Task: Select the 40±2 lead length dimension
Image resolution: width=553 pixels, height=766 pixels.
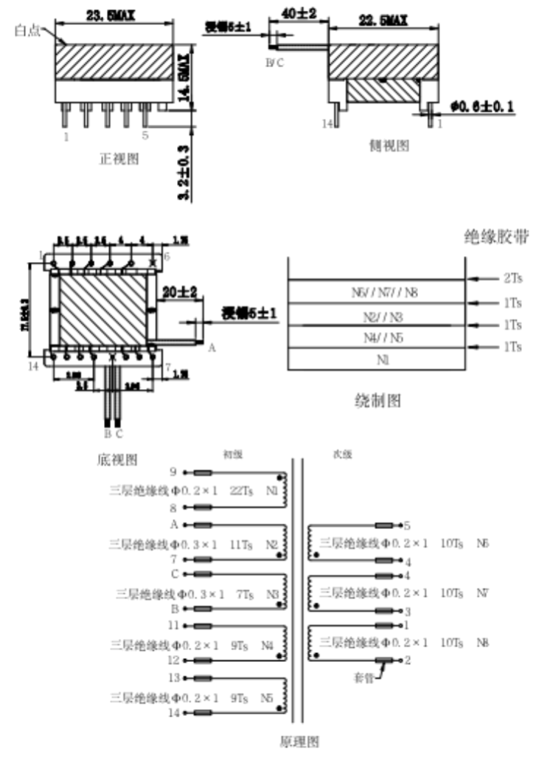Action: click(x=300, y=13)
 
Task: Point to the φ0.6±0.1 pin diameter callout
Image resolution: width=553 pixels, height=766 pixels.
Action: click(x=481, y=107)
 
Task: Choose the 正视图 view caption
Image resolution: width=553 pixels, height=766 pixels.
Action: click(x=119, y=158)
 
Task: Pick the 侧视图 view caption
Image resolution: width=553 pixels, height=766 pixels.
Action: click(x=389, y=145)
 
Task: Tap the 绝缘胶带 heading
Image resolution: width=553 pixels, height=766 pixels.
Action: click(x=496, y=236)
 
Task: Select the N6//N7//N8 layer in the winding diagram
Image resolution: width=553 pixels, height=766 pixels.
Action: click(x=375, y=293)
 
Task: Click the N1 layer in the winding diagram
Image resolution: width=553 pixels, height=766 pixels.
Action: click(x=375, y=361)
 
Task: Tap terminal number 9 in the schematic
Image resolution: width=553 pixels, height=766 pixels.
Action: click(x=173, y=472)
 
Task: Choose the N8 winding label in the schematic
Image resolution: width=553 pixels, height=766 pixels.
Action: click(x=483, y=643)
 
